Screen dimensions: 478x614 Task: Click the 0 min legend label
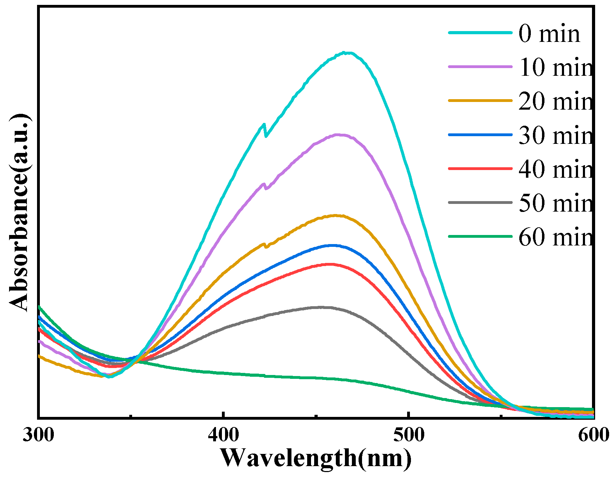tap(549, 34)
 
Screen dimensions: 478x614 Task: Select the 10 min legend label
tap(556, 67)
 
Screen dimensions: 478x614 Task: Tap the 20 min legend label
tap(556, 101)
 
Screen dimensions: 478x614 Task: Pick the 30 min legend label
tap(556, 135)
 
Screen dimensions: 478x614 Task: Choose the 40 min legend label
tap(556, 169)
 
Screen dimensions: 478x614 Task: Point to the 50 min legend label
tap(556, 203)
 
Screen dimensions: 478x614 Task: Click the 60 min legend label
tap(556, 237)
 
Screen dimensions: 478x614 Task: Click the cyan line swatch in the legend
tap(480, 33)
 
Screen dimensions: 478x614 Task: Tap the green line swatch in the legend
tap(480, 236)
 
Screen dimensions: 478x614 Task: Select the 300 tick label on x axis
tap(38, 435)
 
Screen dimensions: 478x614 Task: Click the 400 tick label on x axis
tap(223, 435)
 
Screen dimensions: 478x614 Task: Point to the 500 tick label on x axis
tap(409, 435)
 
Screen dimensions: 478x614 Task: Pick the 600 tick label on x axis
tap(593, 435)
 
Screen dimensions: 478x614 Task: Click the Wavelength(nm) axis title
tap(316, 458)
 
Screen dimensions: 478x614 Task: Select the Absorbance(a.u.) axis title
tap(19, 212)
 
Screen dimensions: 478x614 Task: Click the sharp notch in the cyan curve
tap(266, 136)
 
